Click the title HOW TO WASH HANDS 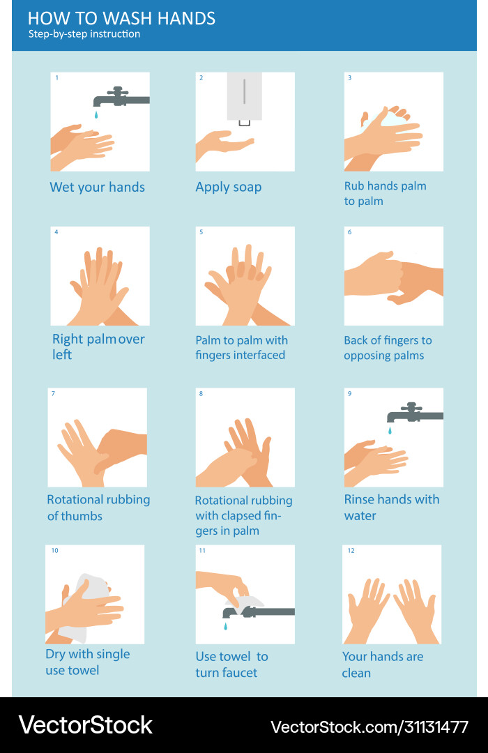pyautogui.click(x=121, y=18)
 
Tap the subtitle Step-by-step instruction pyautogui.click(x=84, y=34)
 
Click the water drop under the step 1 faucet pyautogui.click(x=96, y=113)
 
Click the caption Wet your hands pyautogui.click(x=97, y=187)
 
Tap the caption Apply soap pyautogui.click(x=228, y=187)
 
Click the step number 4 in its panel pyautogui.click(x=56, y=232)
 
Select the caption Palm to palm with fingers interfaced pyautogui.click(x=241, y=347)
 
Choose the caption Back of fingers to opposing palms pyautogui.click(x=388, y=348)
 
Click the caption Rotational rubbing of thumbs pyautogui.click(x=98, y=508)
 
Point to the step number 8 pyautogui.click(x=201, y=394)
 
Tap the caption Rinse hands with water pyautogui.click(x=392, y=508)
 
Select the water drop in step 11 pyautogui.click(x=225, y=626)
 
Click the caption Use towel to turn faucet pyautogui.click(x=231, y=664)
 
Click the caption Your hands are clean pyautogui.click(x=382, y=664)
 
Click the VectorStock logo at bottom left pyautogui.click(x=85, y=725)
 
